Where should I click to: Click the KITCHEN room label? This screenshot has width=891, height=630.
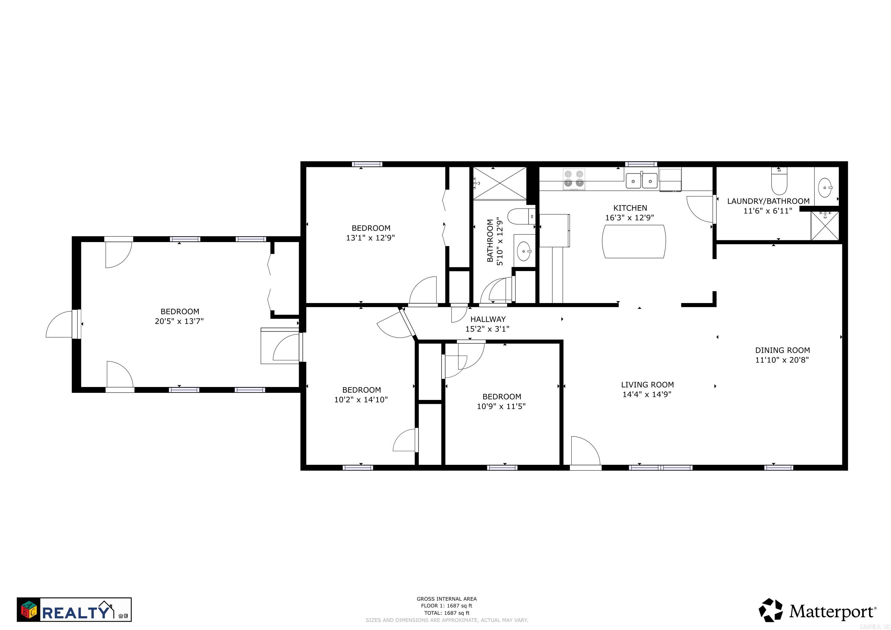[630, 208]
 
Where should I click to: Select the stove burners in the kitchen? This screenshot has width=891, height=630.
[574, 179]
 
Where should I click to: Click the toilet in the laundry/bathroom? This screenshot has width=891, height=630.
[778, 182]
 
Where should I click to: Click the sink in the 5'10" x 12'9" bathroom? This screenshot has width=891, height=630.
[524, 252]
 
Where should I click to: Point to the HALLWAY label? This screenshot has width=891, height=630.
[488, 319]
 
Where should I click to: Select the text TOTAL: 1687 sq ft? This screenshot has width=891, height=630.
[447, 613]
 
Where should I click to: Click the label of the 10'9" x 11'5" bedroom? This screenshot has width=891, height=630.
[501, 397]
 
